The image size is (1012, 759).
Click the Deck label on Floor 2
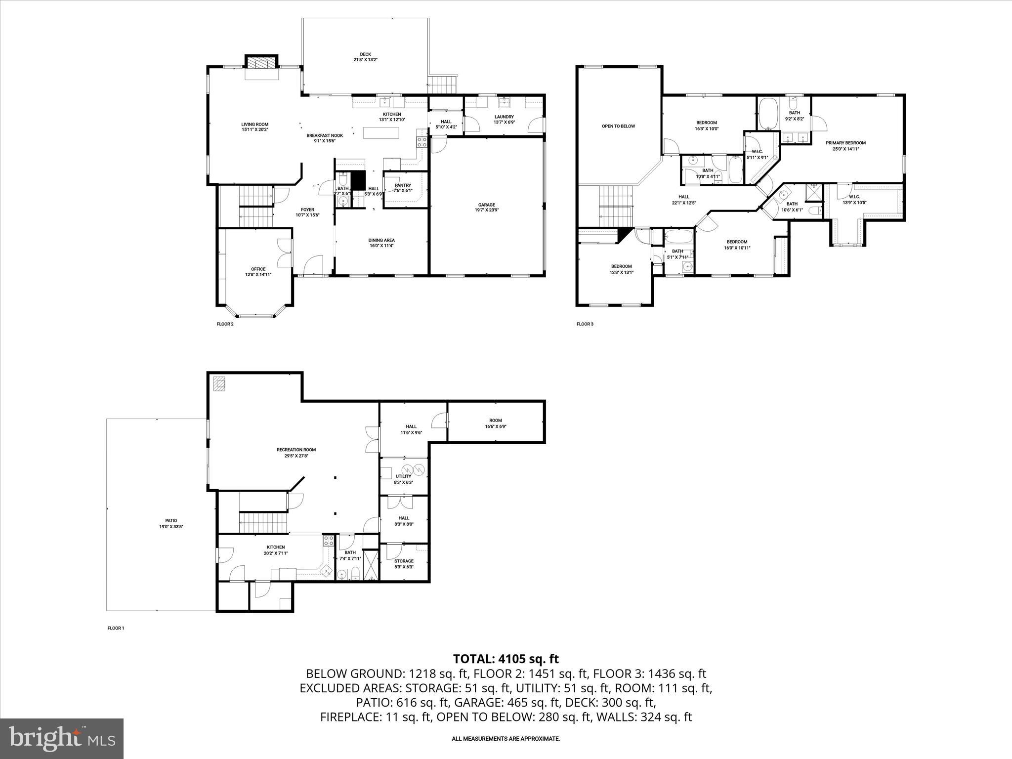click(365, 57)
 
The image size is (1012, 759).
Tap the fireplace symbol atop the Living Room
click(262, 63)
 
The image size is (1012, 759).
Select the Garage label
click(486, 207)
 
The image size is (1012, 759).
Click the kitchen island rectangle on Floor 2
click(380, 133)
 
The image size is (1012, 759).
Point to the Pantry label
click(403, 188)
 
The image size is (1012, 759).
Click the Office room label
click(258, 272)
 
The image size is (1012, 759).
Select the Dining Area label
click(381, 243)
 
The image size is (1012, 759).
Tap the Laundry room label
click(504, 119)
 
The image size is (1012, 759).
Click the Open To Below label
click(618, 126)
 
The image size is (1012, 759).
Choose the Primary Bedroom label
click(845, 145)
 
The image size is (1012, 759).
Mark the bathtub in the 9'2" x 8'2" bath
click(767, 114)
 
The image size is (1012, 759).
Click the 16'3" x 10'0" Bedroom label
click(706, 126)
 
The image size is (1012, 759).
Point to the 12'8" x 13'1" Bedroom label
click(621, 269)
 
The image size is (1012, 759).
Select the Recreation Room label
click(296, 452)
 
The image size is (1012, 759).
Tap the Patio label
click(171, 523)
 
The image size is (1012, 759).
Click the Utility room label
click(403, 479)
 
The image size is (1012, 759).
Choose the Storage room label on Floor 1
click(404, 563)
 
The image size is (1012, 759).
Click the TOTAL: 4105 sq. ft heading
click(506, 658)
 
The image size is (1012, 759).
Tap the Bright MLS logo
click(62, 738)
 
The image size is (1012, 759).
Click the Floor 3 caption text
click(585, 324)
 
